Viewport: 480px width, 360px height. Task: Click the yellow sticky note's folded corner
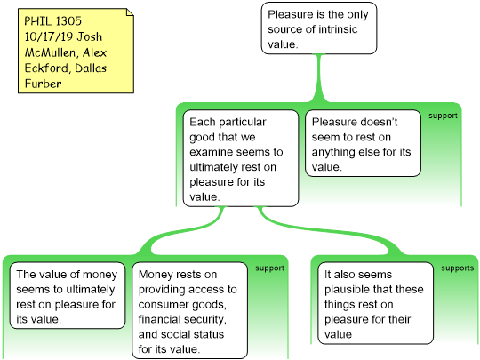[x=131, y=12]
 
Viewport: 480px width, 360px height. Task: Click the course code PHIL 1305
[x=53, y=21]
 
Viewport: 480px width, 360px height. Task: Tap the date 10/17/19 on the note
[x=49, y=36]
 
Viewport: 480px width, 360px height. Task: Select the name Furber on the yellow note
[x=44, y=84]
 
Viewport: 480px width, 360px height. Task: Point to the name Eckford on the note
[x=46, y=68]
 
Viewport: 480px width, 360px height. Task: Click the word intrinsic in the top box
[x=338, y=29]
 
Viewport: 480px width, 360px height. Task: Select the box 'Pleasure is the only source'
[x=319, y=28]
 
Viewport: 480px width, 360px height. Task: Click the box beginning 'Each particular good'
[x=241, y=158]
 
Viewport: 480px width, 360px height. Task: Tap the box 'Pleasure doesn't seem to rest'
[x=363, y=143]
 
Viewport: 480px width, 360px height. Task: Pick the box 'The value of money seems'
[x=68, y=295]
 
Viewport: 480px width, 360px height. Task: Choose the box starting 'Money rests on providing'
[x=190, y=310]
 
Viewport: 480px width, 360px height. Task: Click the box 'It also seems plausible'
[x=376, y=303]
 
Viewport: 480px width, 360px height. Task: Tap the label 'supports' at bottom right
[x=458, y=268]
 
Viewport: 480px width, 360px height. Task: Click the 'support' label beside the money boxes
[x=269, y=268]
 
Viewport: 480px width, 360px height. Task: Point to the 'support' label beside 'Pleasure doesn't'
[x=443, y=116]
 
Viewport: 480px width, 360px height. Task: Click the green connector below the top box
[x=319, y=78]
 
